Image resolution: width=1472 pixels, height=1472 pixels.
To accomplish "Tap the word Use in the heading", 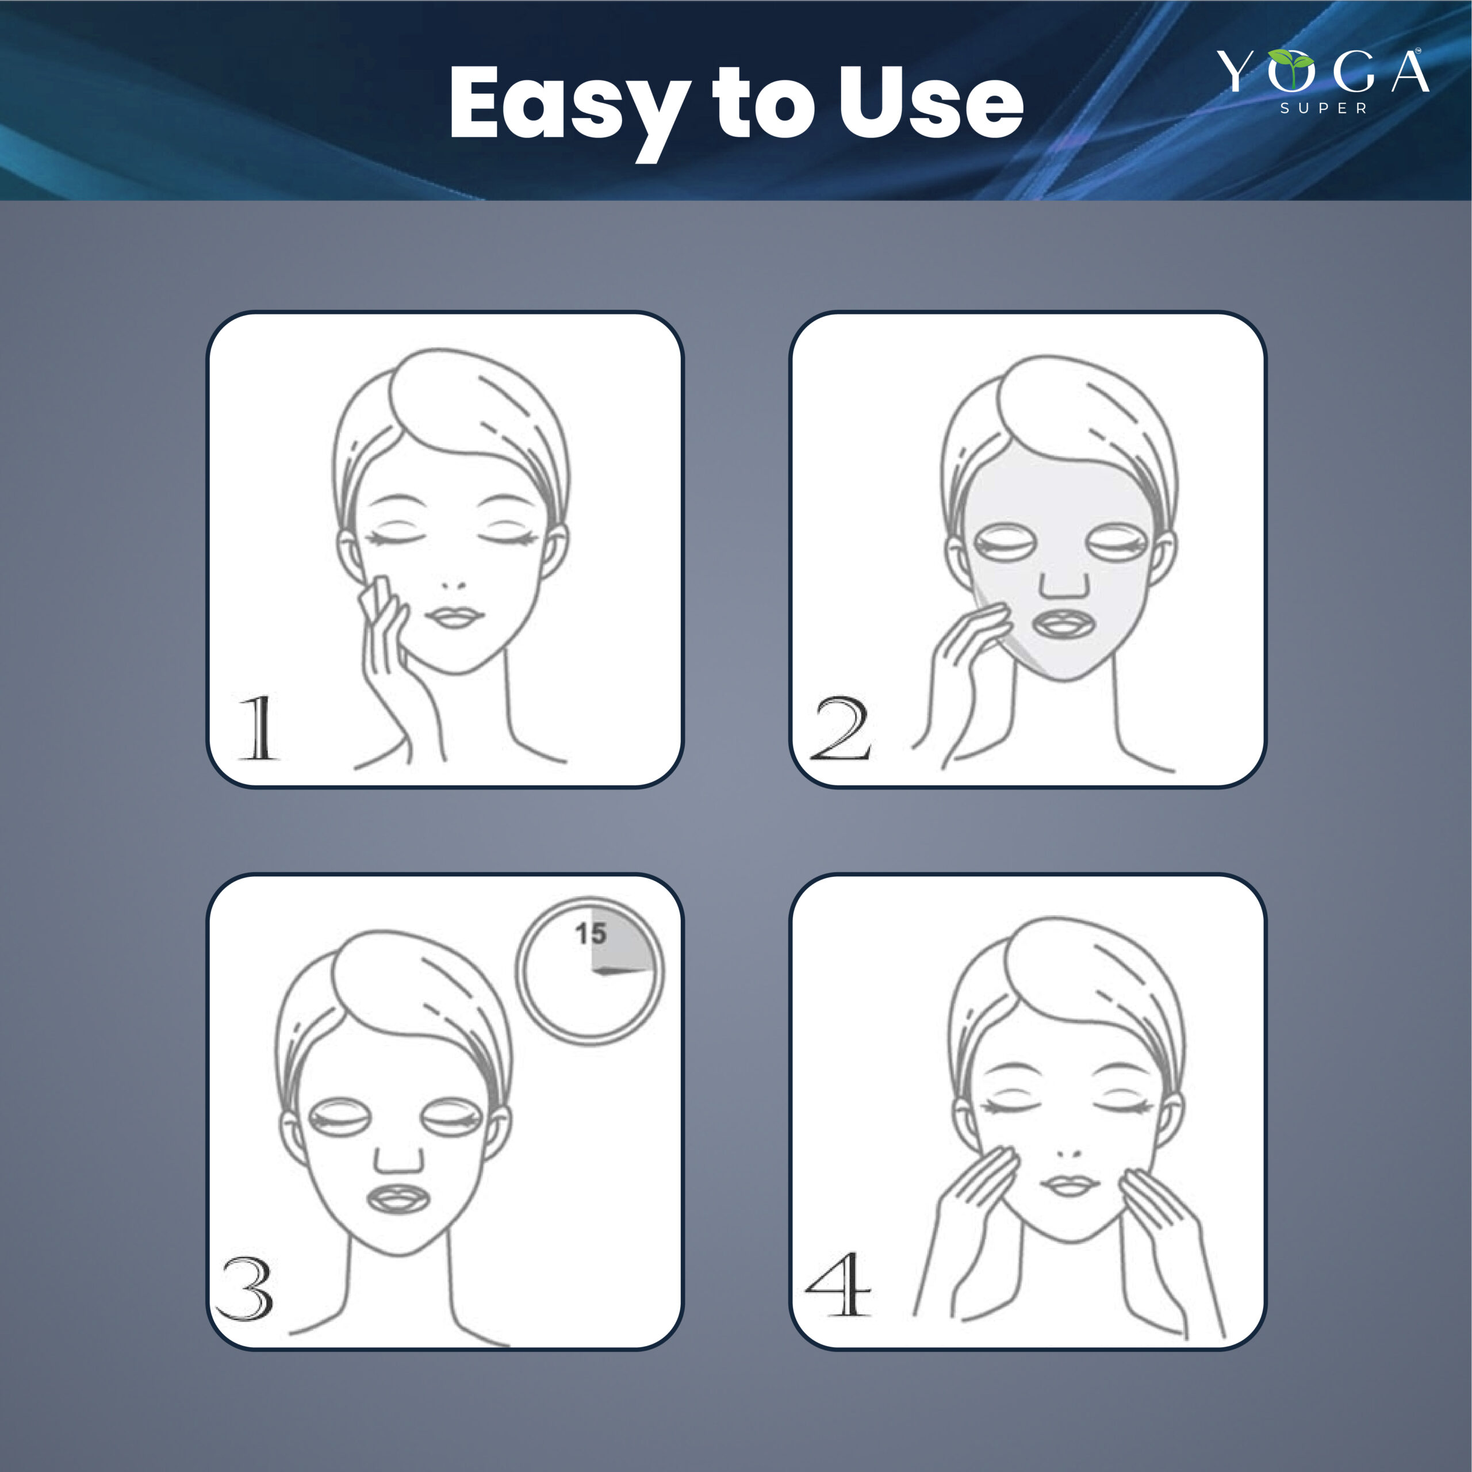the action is coord(930,103).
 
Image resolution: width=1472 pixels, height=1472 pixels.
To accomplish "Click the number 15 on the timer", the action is coord(591,933).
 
